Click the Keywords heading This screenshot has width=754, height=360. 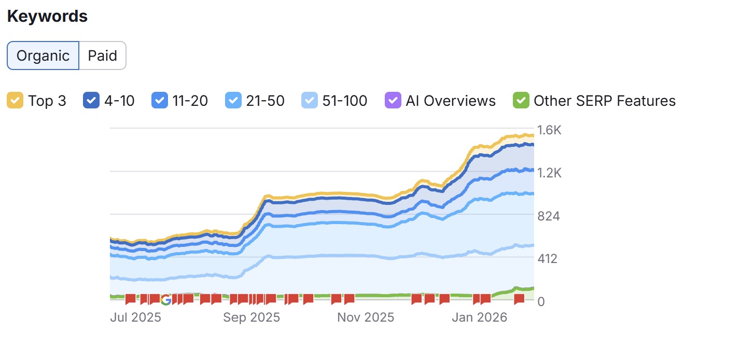pos(47,16)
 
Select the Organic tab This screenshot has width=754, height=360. pos(43,56)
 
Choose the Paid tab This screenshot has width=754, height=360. pos(102,56)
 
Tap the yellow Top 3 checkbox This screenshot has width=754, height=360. pos(15,100)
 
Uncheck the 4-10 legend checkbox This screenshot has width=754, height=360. pos(91,100)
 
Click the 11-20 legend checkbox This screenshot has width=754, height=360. pos(159,100)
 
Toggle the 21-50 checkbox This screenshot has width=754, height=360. pos(233,100)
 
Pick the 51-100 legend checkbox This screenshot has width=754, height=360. pos(309,100)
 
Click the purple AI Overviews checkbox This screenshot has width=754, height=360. pos(393,100)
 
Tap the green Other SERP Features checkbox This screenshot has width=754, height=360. pos(520,100)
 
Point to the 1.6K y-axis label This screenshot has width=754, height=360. pos(549,130)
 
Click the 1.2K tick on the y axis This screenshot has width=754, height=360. pos(549,173)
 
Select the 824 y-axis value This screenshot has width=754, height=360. pos(548,216)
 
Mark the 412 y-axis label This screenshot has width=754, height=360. pos(548,258)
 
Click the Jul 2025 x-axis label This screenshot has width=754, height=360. pos(135,317)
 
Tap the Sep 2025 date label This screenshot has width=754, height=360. pos(252,317)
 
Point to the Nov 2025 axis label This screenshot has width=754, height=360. pos(366,317)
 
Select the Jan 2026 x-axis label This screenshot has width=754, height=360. pos(479,317)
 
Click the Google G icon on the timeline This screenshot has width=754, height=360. pos(166,299)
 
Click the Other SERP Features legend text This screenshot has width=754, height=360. pos(605,100)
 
